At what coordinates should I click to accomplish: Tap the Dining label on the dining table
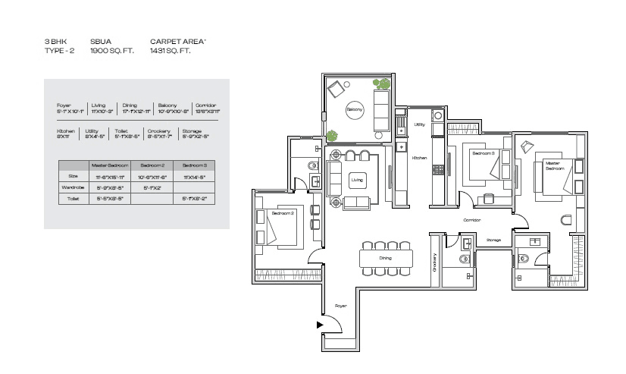tap(386, 259)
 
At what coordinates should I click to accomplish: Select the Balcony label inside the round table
tap(355, 109)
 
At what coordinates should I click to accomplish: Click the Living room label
tap(355, 180)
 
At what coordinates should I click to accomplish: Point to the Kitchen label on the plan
tap(419, 158)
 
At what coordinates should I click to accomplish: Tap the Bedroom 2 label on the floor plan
tap(282, 214)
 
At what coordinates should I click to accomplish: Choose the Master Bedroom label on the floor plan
tap(553, 165)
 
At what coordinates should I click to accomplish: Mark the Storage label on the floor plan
tap(493, 240)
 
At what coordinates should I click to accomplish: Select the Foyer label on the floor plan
tap(341, 306)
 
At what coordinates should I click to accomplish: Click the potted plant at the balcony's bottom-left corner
tap(331, 136)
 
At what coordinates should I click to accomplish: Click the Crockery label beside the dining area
tap(435, 262)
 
